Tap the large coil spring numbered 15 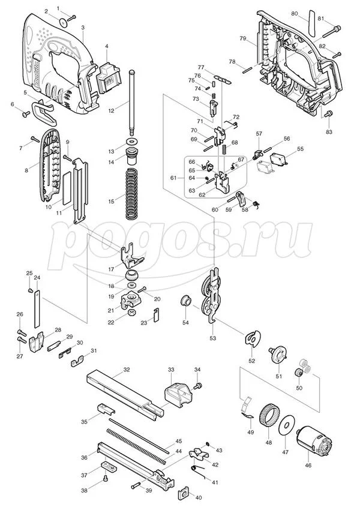tap(133, 194)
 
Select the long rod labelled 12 tap(132, 103)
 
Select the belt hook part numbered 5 tap(44, 112)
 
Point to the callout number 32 tap(127, 370)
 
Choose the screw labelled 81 tap(332, 31)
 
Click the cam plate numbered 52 tap(253, 338)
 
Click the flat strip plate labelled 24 tap(37, 309)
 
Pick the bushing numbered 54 tap(186, 299)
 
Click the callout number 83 tap(329, 132)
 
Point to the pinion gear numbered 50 tap(298, 373)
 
